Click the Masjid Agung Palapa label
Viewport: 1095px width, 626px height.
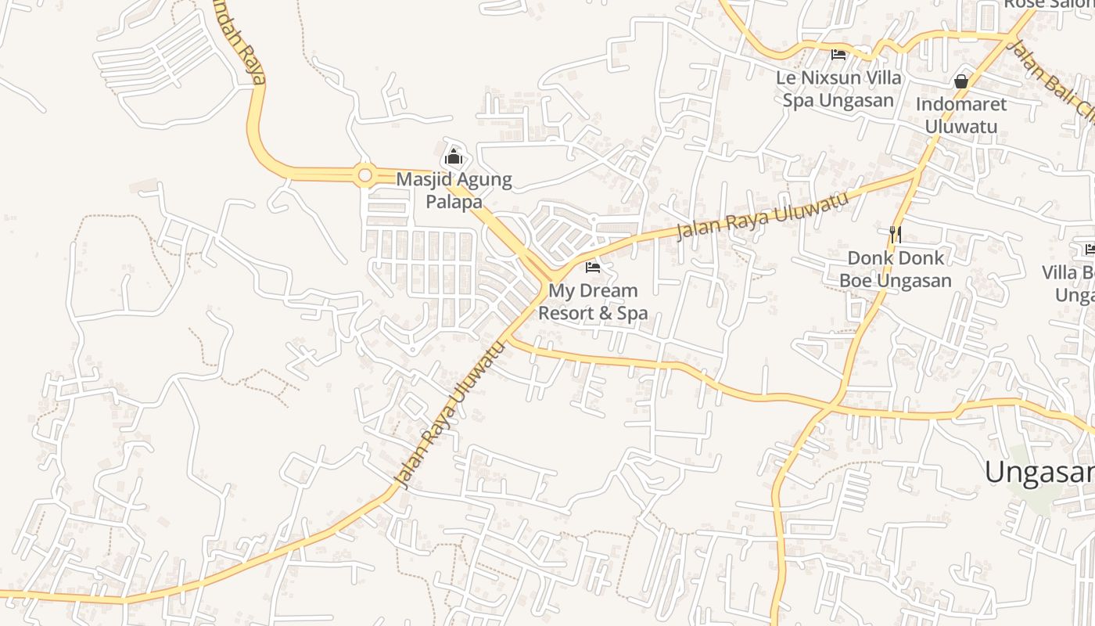coord(454,190)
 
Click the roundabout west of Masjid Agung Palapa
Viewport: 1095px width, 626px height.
coord(364,175)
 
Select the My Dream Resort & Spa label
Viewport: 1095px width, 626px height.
coord(593,302)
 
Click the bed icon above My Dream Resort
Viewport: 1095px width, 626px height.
coord(593,267)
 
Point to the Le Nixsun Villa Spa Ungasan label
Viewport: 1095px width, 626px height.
coord(838,89)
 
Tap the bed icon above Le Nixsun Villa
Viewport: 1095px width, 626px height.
coord(838,55)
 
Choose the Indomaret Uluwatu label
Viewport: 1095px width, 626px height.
coord(961,115)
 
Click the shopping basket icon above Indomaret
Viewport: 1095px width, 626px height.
coord(961,81)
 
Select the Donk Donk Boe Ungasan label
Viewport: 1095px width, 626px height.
coord(896,269)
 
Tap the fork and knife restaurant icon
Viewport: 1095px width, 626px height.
coord(896,233)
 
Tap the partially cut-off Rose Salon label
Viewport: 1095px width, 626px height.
coord(1048,5)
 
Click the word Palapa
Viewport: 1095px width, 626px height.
coord(454,201)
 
